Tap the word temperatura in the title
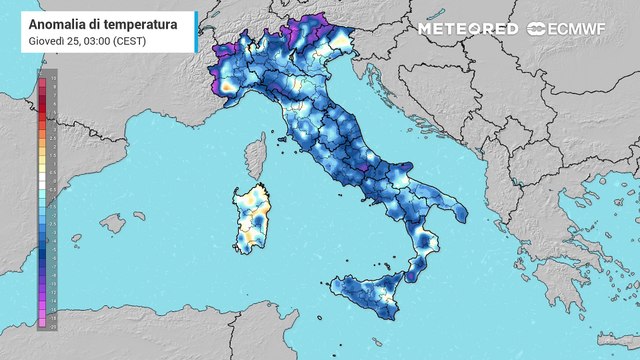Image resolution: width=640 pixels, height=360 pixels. (135, 23)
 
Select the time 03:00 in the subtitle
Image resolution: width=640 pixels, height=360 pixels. (99, 39)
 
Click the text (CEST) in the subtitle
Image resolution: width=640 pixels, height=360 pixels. (136, 39)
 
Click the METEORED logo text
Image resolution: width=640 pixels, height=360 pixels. (467, 29)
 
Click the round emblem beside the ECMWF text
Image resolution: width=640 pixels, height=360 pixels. (536, 29)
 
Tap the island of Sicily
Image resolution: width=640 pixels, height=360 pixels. (369, 294)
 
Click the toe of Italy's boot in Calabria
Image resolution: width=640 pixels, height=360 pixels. (413, 268)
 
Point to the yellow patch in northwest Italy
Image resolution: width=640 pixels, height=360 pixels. (229, 89)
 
